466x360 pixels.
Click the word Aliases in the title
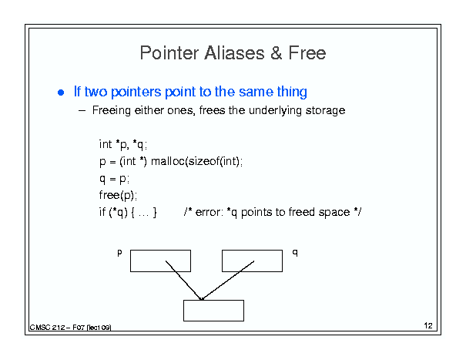234,53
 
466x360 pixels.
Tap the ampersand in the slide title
277,53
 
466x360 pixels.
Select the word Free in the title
307,53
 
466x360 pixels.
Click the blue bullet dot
61,93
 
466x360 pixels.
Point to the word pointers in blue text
136,92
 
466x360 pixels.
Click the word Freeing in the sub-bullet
112,111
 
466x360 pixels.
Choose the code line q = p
114,179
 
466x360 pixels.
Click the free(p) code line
118,195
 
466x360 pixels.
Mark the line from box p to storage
183,281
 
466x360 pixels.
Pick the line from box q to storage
228,281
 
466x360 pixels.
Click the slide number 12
428,325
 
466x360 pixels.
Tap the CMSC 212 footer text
70,328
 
